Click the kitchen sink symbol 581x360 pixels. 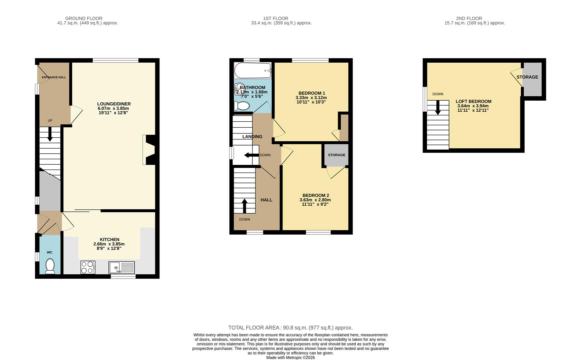[121, 267]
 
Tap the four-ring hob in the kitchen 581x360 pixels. [88, 267]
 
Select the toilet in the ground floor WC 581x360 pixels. [50, 266]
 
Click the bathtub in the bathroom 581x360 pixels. [253, 70]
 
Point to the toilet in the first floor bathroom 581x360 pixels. [242, 106]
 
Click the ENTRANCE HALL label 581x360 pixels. [54, 77]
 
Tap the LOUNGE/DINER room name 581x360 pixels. [114, 104]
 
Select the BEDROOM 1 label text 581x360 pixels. [312, 93]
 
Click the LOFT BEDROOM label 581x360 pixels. [473, 101]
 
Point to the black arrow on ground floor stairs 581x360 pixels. [50, 135]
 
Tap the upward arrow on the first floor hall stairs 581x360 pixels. [244, 206]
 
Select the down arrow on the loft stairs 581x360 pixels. [438, 108]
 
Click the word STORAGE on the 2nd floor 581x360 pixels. [527, 77]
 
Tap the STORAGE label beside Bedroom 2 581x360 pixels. [336, 155]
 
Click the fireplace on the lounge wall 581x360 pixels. [149, 150]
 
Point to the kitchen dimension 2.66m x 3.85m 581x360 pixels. [109, 244]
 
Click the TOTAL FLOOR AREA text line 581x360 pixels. [290, 328]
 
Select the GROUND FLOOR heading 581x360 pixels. [84, 18]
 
